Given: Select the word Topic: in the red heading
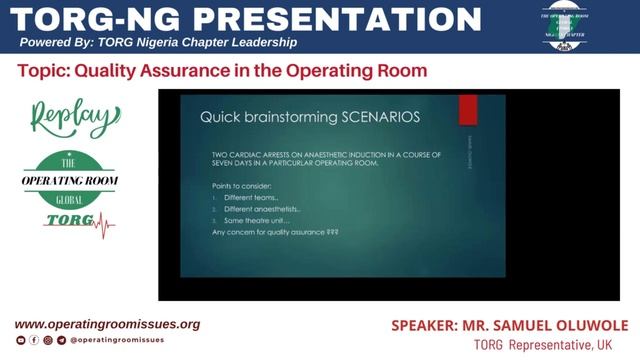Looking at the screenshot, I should [x=43, y=71].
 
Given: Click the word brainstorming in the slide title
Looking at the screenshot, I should [x=284, y=117].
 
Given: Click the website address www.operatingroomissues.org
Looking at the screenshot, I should [x=107, y=324].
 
